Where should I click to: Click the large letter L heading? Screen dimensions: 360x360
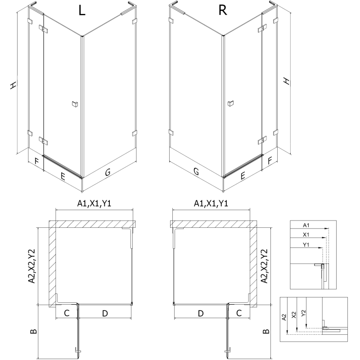tap(81, 11)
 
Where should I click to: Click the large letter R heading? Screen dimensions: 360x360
tap(222, 11)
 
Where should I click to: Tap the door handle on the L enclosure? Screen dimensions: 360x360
tap(74, 104)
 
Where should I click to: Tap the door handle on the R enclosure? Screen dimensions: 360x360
tap(230, 104)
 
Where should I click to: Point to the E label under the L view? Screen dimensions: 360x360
tap(63, 176)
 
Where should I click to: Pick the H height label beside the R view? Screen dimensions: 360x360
tap(286, 81)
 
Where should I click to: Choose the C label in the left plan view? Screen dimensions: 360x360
tap(66, 313)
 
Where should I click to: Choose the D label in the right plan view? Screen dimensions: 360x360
tap(201, 313)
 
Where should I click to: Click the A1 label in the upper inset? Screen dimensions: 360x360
tap(306, 225)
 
